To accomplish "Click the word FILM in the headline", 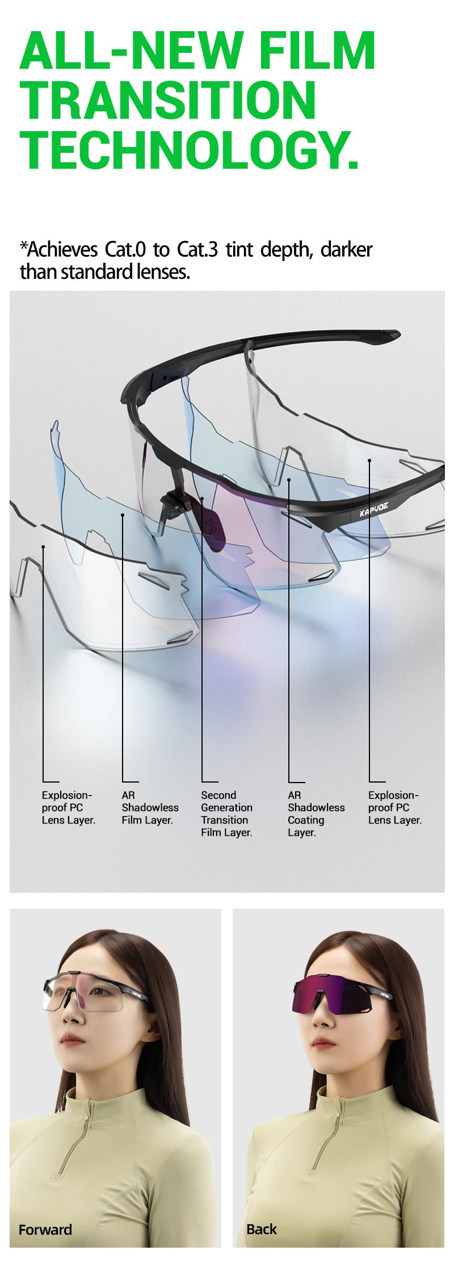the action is point(318,51).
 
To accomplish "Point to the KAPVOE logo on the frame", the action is point(374,509).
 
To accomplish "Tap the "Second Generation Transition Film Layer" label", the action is point(226,814).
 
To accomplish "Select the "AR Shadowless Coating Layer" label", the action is point(316,814).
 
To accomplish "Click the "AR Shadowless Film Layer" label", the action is point(150,808).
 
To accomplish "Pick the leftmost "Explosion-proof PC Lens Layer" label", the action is point(68,808).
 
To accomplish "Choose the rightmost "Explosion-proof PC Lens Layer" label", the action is point(395,808).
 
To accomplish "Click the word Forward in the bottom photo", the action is point(45,1229).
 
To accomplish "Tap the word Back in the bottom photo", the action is point(262,1229).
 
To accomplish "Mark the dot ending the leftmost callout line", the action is point(43,547).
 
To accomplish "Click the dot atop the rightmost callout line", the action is point(369,461).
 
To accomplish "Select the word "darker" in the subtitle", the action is point(346,249).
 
